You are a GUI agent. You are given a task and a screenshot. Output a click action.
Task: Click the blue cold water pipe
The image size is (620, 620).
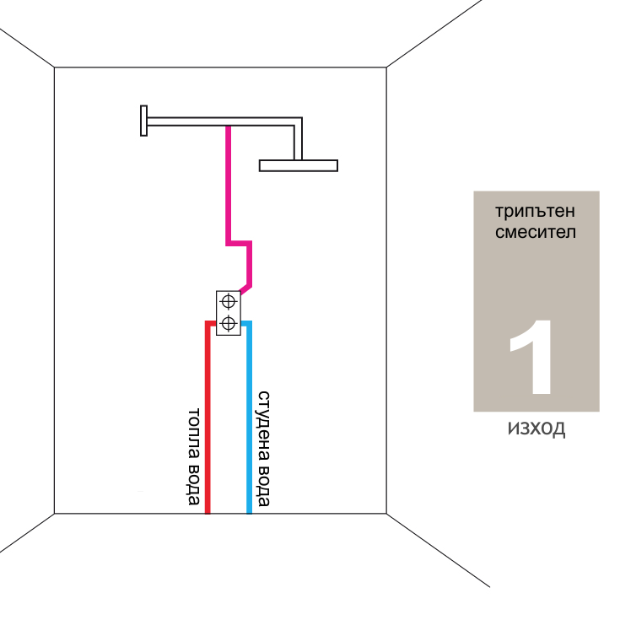point(249,422)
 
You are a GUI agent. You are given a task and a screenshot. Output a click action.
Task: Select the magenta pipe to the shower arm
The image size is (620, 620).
point(228,186)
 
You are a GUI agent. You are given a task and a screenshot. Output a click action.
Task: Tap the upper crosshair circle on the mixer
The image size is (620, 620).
point(228,301)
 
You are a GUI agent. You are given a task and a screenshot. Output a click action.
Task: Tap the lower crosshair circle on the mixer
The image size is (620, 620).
point(228,322)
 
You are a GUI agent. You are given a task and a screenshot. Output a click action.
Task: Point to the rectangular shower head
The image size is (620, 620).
point(299,164)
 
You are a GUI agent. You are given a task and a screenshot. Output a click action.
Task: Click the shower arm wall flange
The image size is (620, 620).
point(144,120)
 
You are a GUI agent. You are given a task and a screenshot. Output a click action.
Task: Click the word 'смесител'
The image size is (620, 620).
point(525,231)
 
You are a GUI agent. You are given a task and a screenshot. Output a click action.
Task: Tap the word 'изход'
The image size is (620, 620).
point(536,429)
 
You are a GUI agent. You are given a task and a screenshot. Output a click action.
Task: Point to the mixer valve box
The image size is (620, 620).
point(228,312)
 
